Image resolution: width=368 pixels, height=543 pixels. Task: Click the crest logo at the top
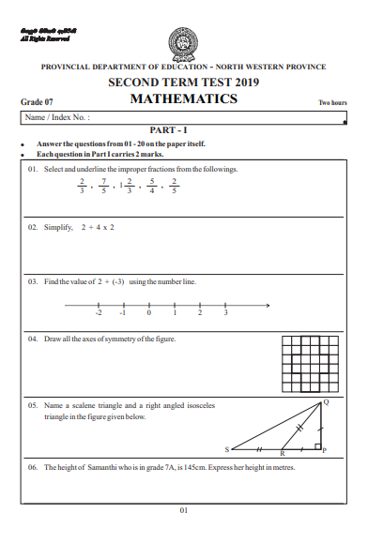(x=183, y=42)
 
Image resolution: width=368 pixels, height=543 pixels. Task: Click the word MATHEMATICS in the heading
(x=183, y=98)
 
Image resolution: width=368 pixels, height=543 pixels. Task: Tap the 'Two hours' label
(x=333, y=101)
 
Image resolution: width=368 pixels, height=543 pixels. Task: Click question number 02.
(x=33, y=228)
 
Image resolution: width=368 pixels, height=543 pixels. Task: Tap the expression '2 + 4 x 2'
(x=98, y=228)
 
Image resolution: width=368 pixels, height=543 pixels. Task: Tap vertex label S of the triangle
(x=226, y=451)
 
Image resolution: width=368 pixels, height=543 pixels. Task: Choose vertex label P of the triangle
(x=325, y=451)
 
